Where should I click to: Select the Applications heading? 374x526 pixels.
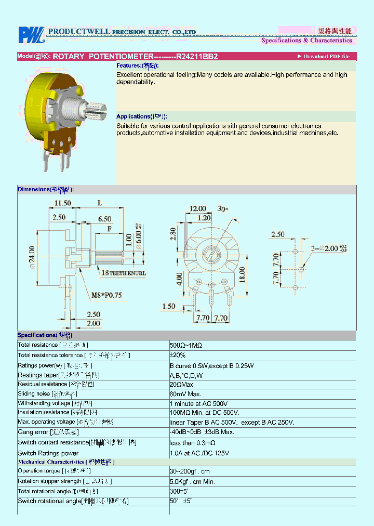point(142,116)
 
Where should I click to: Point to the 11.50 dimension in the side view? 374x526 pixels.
point(62,203)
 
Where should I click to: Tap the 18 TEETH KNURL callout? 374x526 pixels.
point(124,273)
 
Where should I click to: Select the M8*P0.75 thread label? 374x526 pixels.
point(106,295)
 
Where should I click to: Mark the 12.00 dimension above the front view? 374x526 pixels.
point(197,208)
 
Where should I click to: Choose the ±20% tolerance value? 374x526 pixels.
point(178,356)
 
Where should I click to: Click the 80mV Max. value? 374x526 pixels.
point(186,394)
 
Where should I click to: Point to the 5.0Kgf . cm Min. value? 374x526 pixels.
point(192,481)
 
